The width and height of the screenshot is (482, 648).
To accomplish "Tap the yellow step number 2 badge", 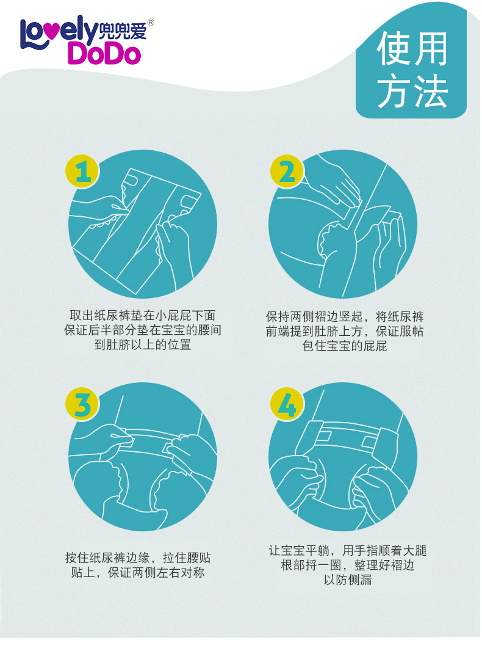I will click(287, 172).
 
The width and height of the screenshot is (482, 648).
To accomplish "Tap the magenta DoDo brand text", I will click(104, 54).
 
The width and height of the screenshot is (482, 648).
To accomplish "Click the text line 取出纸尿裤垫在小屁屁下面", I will click(143, 316).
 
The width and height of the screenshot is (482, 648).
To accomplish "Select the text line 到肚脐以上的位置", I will click(143, 345).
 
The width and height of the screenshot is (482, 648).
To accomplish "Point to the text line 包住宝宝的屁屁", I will click(345, 346).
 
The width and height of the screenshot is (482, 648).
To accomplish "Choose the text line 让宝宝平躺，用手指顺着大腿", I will click(348, 551).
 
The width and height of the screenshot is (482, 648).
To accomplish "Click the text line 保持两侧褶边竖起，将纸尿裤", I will click(345, 317).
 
